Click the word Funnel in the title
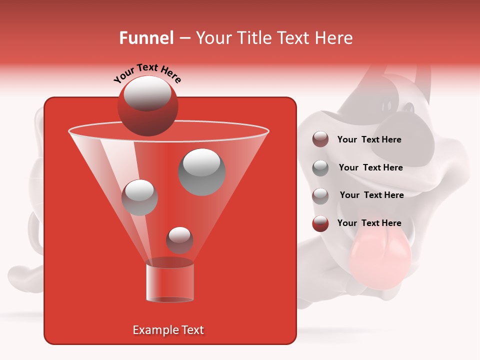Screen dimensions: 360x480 [x=146, y=38]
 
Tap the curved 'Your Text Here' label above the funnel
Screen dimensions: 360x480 [x=147, y=73]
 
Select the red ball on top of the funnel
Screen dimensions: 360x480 [x=147, y=105]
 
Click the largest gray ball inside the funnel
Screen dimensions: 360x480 [x=202, y=172]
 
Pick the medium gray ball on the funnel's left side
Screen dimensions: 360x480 [x=139, y=197]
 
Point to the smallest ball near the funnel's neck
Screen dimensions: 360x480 [x=179, y=240]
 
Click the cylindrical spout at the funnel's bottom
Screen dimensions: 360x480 [x=169, y=282]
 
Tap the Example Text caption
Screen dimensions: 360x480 [x=168, y=330]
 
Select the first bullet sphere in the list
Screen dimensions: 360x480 [x=320, y=139]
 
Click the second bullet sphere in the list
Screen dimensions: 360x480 [x=320, y=167]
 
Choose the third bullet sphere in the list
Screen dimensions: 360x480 [x=320, y=195]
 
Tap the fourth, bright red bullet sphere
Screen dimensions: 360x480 [x=320, y=223]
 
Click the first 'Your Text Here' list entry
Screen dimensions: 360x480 [x=369, y=140]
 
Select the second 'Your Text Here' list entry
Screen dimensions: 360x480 [x=370, y=168]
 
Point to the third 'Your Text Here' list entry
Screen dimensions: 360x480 [x=371, y=195]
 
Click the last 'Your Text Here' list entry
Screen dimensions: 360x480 [x=369, y=223]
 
